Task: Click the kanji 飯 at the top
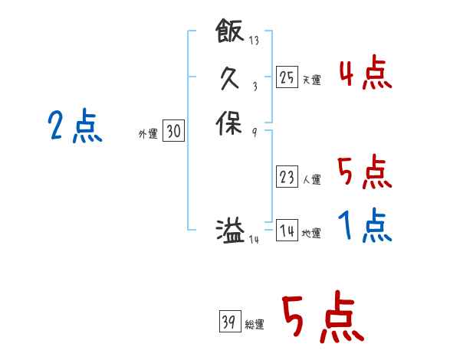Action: [x=230, y=31]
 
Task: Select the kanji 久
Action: [x=230, y=77]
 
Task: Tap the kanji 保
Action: [x=230, y=123]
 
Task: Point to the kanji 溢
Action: [x=230, y=230]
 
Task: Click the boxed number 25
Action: [x=287, y=77]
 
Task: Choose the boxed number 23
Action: [x=287, y=178]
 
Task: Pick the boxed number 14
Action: [x=287, y=231]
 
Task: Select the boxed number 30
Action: [x=173, y=132]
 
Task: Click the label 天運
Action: [x=311, y=80]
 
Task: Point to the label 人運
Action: [x=311, y=180]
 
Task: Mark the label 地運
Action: [x=311, y=233]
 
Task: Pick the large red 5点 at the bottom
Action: [x=322, y=319]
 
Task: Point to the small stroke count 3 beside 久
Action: [x=254, y=87]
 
